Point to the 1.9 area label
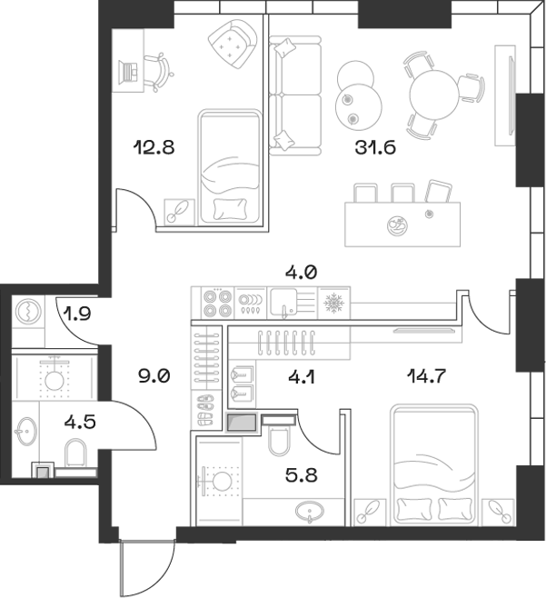[x=76, y=315]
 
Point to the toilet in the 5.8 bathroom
[x=280, y=441]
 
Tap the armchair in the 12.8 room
[x=230, y=44]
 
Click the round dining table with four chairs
[x=434, y=91]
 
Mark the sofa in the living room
[x=294, y=94]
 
